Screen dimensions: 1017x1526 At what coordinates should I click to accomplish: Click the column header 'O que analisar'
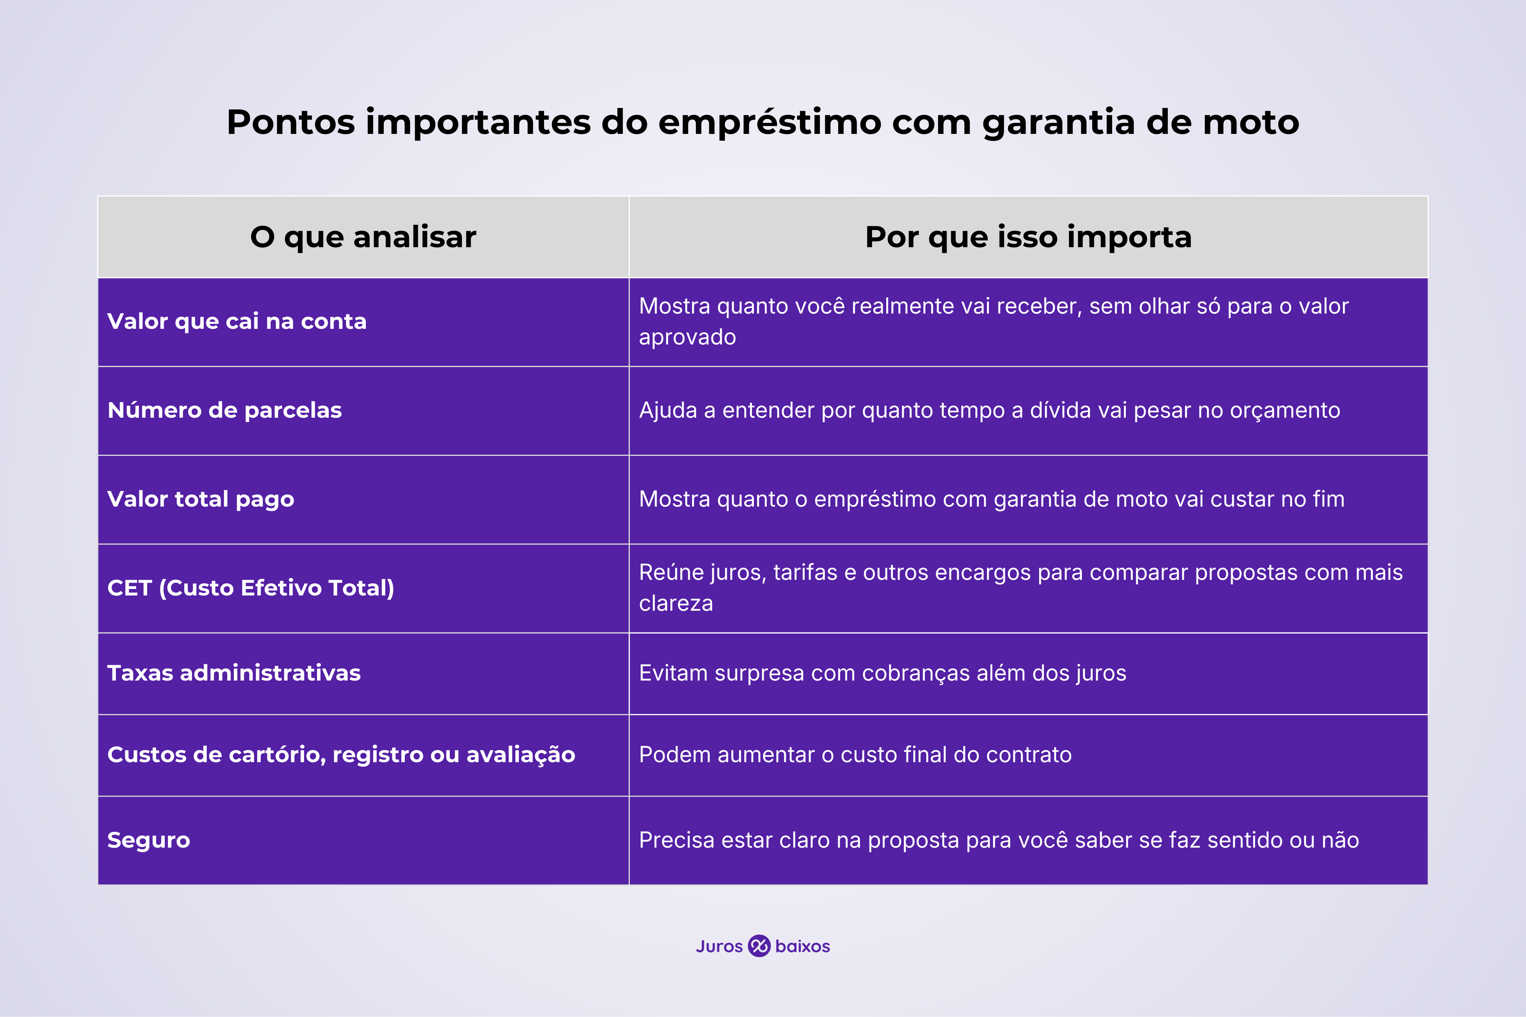(363, 237)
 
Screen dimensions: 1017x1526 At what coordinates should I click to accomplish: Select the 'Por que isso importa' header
(1028, 237)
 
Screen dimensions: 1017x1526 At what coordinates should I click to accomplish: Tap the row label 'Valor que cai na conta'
(237, 322)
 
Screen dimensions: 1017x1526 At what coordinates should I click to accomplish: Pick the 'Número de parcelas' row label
(224, 410)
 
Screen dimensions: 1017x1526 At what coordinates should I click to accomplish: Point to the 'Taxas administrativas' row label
(233, 673)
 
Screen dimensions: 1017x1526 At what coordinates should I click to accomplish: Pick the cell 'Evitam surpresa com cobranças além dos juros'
(882, 673)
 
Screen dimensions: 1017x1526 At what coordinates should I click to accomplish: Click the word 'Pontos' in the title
(291, 122)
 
